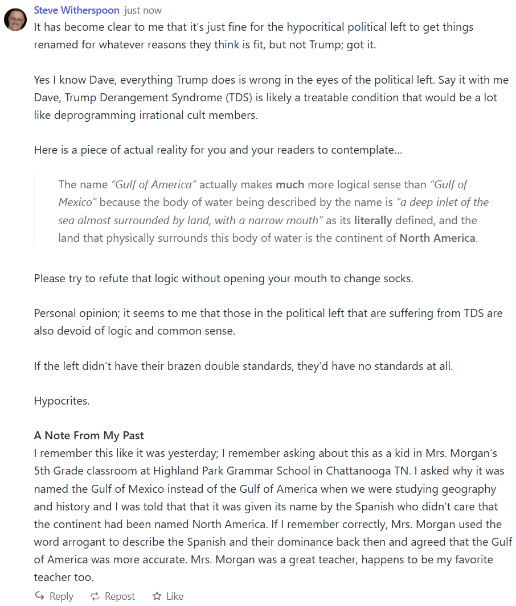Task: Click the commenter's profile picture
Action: click(15, 19)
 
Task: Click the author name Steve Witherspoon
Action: click(77, 10)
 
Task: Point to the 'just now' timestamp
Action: click(143, 10)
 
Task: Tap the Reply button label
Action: click(62, 596)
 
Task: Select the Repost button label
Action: click(120, 596)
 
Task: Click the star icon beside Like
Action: click(157, 596)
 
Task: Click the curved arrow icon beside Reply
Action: click(40, 596)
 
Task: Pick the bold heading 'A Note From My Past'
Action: click(89, 436)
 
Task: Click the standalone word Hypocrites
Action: click(62, 401)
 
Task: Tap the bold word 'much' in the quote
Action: click(290, 184)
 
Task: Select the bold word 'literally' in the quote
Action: click(373, 220)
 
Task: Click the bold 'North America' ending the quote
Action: click(437, 238)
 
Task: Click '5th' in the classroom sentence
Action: click(43, 471)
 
